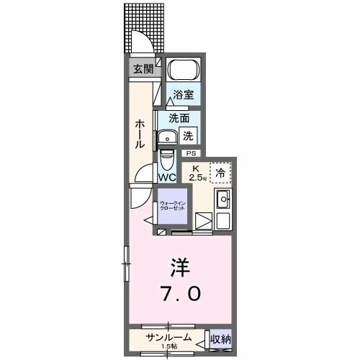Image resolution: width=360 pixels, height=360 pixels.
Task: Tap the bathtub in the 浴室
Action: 182,71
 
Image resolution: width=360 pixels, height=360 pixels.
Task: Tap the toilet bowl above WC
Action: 166,157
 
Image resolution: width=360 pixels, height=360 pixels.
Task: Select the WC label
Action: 167,177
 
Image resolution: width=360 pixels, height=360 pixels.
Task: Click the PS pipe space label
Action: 191,153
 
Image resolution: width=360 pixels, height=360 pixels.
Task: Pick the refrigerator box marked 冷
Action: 221,171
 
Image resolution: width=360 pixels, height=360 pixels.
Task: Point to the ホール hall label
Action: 138,135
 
